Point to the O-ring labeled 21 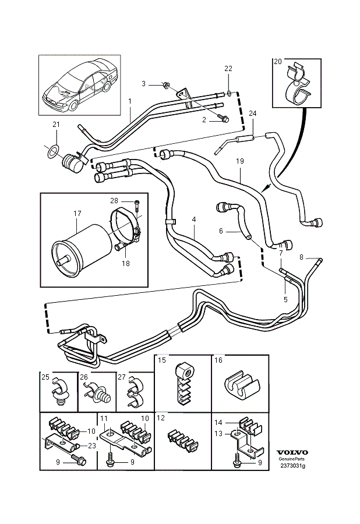tap(52, 151)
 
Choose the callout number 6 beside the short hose tap(221, 231)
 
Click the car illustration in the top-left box tap(79, 84)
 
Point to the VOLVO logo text tap(291, 452)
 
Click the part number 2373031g tap(291, 466)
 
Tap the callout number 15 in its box tap(162, 360)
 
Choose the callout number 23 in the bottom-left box tap(92, 445)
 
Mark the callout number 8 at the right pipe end tap(301, 257)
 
